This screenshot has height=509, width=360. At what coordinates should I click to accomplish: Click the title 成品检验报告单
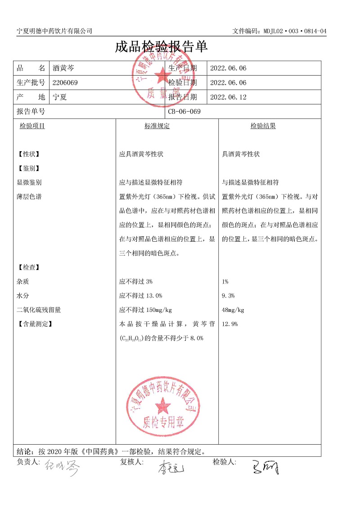(x=161, y=47)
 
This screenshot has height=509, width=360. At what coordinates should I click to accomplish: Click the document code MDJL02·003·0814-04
(x=279, y=31)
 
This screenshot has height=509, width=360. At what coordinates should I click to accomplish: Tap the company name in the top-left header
(x=54, y=31)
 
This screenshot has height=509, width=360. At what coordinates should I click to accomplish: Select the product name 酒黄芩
(x=63, y=68)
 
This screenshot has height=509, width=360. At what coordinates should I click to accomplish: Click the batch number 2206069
(x=65, y=83)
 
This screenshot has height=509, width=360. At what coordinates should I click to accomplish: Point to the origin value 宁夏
(x=60, y=97)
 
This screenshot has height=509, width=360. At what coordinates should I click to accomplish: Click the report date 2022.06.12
(x=229, y=97)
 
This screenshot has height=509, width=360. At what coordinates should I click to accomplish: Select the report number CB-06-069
(x=184, y=112)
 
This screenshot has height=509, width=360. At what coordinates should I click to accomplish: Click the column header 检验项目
(x=32, y=126)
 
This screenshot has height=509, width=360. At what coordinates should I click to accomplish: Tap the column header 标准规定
(x=157, y=126)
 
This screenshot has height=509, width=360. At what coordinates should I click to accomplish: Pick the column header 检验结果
(x=263, y=126)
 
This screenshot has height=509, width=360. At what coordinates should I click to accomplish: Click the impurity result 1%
(x=225, y=282)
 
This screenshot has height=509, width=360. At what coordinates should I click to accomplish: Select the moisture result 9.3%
(x=228, y=296)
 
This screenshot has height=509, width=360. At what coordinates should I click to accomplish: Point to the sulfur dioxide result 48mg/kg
(x=233, y=310)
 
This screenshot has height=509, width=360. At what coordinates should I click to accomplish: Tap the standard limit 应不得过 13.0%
(x=140, y=296)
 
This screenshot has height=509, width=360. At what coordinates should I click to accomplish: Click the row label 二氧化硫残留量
(x=39, y=310)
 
